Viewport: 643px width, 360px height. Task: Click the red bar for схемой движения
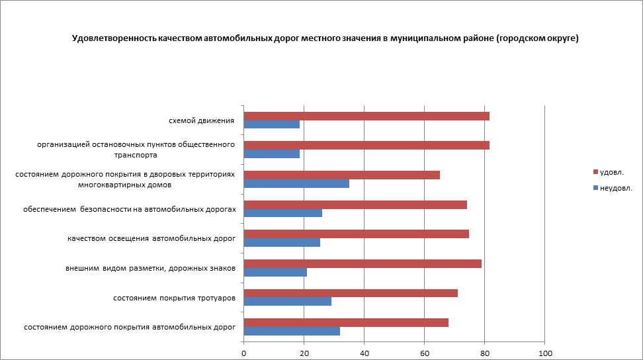point(366,116)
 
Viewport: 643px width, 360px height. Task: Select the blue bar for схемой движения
point(272,124)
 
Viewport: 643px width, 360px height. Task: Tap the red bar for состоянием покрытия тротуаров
point(351,293)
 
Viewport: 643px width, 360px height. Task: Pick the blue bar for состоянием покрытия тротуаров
point(288,302)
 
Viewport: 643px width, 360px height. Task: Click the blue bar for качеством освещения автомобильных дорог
point(282,242)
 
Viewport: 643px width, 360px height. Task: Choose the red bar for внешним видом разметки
point(363,264)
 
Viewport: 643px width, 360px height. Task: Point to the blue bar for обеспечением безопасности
point(283,213)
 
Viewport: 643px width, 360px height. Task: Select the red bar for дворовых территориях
point(342,175)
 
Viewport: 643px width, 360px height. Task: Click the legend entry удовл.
point(611,172)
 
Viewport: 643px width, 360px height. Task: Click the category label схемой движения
point(202,120)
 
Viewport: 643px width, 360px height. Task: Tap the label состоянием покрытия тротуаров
point(175,298)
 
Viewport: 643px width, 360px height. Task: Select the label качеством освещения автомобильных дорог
point(151,238)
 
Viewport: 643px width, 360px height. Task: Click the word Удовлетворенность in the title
point(114,38)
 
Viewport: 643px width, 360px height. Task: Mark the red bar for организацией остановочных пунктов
point(366,146)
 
